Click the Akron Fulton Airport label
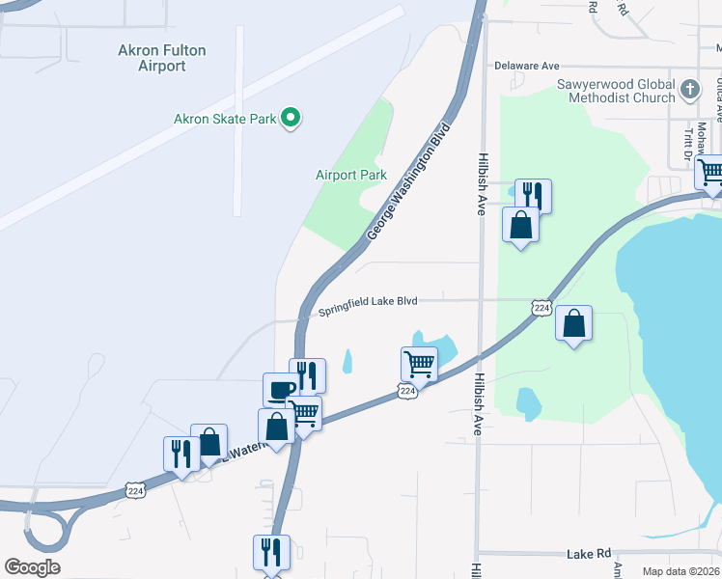[162, 58]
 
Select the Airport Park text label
[351, 175]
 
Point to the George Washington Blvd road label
[410, 182]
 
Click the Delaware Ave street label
[527, 66]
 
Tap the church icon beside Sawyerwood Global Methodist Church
[689, 91]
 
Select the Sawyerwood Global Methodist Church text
[616, 91]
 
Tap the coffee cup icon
[281, 390]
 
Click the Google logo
[32, 567]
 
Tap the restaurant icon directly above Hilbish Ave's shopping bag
[533, 196]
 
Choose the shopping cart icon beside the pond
[420, 364]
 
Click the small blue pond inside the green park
[528, 402]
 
